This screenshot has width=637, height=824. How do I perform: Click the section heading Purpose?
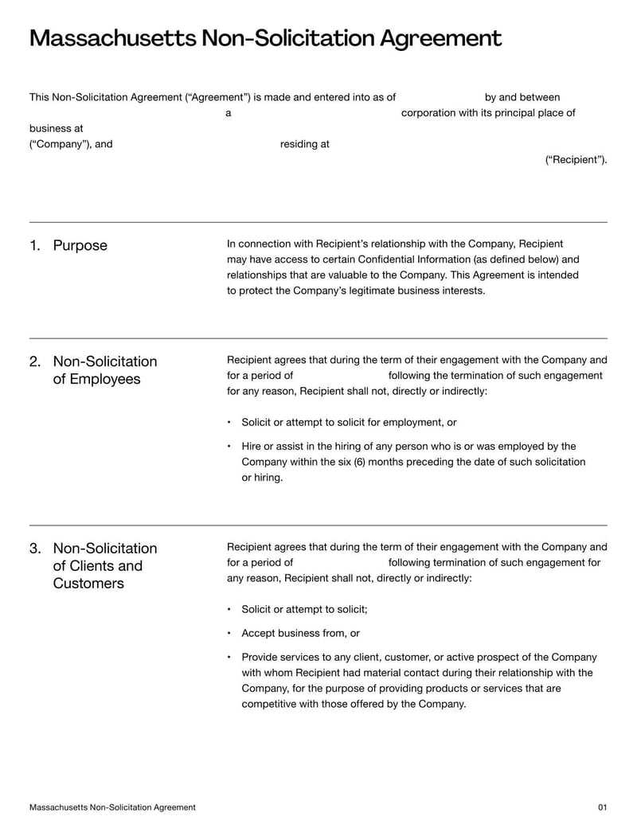click(80, 245)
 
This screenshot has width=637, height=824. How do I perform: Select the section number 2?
click(35, 361)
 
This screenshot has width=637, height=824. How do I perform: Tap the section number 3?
click(35, 549)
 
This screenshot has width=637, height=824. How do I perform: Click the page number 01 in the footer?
click(602, 807)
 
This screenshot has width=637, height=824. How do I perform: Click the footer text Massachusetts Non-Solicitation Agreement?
click(112, 807)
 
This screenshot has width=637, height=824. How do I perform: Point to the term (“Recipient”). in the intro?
click(576, 160)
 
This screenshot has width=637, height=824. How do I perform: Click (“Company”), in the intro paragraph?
click(61, 144)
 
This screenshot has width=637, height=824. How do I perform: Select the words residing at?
click(304, 144)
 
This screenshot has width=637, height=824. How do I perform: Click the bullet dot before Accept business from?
click(229, 634)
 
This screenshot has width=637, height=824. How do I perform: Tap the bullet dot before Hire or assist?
click(229, 447)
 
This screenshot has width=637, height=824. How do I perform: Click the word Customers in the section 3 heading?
click(88, 584)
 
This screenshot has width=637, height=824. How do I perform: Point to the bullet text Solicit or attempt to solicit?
click(304, 610)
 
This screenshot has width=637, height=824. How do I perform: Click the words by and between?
click(522, 97)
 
